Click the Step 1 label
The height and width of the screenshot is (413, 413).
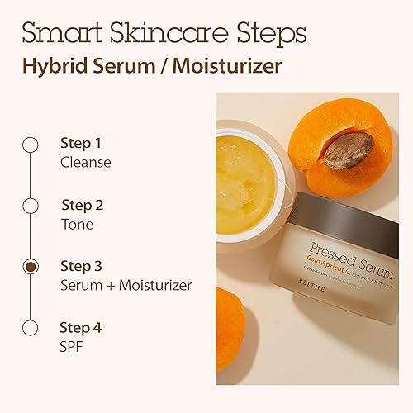coord(81,143)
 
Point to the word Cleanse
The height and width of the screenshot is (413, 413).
coord(85,162)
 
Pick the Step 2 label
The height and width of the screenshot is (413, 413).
coord(82,205)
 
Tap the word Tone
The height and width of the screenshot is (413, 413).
coord(77,224)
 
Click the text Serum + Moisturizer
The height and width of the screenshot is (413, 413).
coord(126,285)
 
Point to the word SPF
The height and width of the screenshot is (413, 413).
coord(73,346)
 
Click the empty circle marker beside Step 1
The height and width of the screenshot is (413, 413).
coord(31,145)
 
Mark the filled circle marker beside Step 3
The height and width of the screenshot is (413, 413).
coord(31,266)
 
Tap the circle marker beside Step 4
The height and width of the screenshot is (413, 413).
coord(31,328)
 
